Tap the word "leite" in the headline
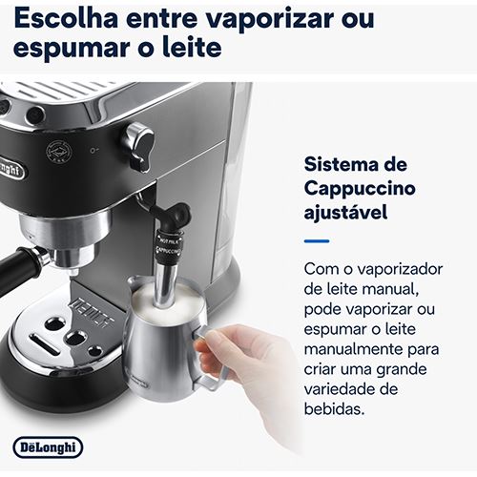192,47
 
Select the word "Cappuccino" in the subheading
360,189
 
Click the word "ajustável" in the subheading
346,212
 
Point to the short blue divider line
317,241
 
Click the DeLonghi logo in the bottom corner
48,447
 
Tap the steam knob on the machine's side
138,147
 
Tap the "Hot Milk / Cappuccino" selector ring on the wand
169,247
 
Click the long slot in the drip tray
44,345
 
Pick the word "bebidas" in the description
334,408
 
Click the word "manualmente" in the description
353,349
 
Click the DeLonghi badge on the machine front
11,168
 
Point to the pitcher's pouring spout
133,280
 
